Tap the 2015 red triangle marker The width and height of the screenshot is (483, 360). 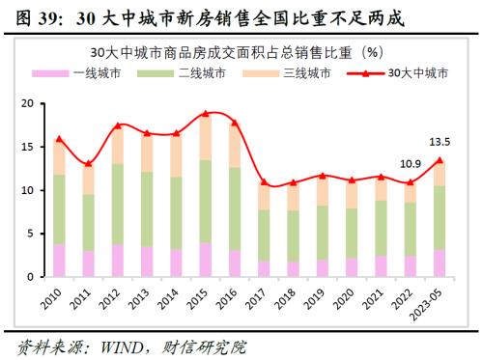(x=205, y=114)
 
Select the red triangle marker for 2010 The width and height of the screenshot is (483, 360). (x=60, y=139)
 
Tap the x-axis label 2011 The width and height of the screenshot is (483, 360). (x=83, y=298)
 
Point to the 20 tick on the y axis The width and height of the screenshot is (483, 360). (x=27, y=103)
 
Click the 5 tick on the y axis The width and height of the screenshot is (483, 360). (x=31, y=234)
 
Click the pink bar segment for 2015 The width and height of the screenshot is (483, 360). (x=205, y=260)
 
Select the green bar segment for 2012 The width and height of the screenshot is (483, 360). (x=118, y=204)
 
